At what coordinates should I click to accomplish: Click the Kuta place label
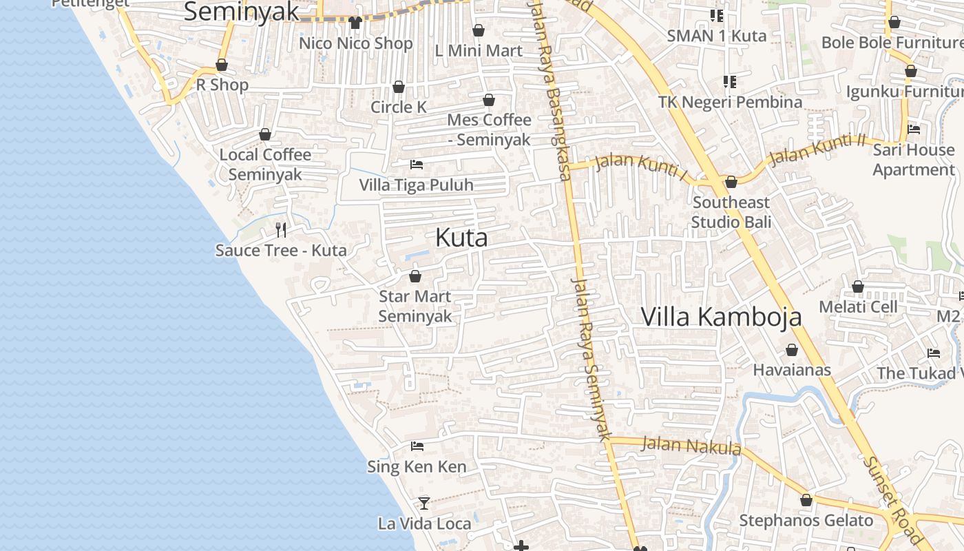(461, 238)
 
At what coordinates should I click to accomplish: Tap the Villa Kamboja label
(721, 317)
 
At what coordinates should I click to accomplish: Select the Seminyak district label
(242, 12)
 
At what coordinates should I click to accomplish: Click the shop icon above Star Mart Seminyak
(415, 276)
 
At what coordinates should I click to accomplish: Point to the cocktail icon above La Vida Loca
(424, 503)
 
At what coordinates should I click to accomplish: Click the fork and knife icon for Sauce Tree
(281, 229)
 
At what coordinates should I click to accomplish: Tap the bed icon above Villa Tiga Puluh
(417, 165)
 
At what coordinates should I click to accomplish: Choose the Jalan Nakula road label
(691, 446)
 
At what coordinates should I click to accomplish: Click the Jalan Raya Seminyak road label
(591, 358)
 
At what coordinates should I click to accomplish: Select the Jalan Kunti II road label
(817, 150)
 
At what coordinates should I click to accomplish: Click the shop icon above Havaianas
(792, 350)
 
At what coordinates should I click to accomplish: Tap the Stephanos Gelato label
(806, 521)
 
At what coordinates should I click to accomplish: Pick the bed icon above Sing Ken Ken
(417, 446)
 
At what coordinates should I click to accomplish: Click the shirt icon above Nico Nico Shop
(355, 23)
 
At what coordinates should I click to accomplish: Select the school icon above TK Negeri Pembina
(730, 82)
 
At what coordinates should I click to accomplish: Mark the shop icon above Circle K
(399, 87)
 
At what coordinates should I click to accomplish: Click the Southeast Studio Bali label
(731, 212)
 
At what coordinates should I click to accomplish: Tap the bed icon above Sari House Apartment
(914, 129)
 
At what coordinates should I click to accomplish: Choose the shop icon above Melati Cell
(858, 287)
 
